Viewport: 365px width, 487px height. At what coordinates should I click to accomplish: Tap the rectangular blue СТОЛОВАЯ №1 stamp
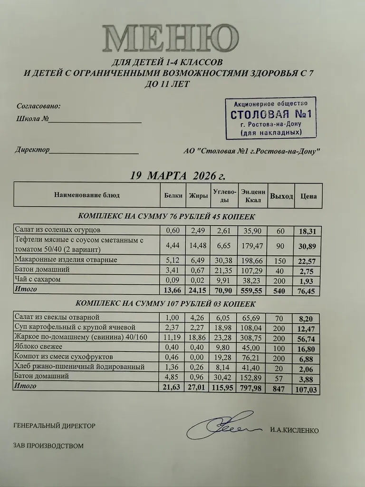coord(269,117)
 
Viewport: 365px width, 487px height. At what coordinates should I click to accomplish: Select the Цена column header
coord(308,196)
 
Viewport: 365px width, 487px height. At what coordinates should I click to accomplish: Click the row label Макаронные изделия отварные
coord(66,260)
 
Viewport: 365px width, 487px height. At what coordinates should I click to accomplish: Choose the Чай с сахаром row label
coord(38,279)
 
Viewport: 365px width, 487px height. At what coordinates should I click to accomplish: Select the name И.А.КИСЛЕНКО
coord(293,431)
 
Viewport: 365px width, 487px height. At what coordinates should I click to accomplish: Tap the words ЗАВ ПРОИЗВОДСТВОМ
coord(49,446)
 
